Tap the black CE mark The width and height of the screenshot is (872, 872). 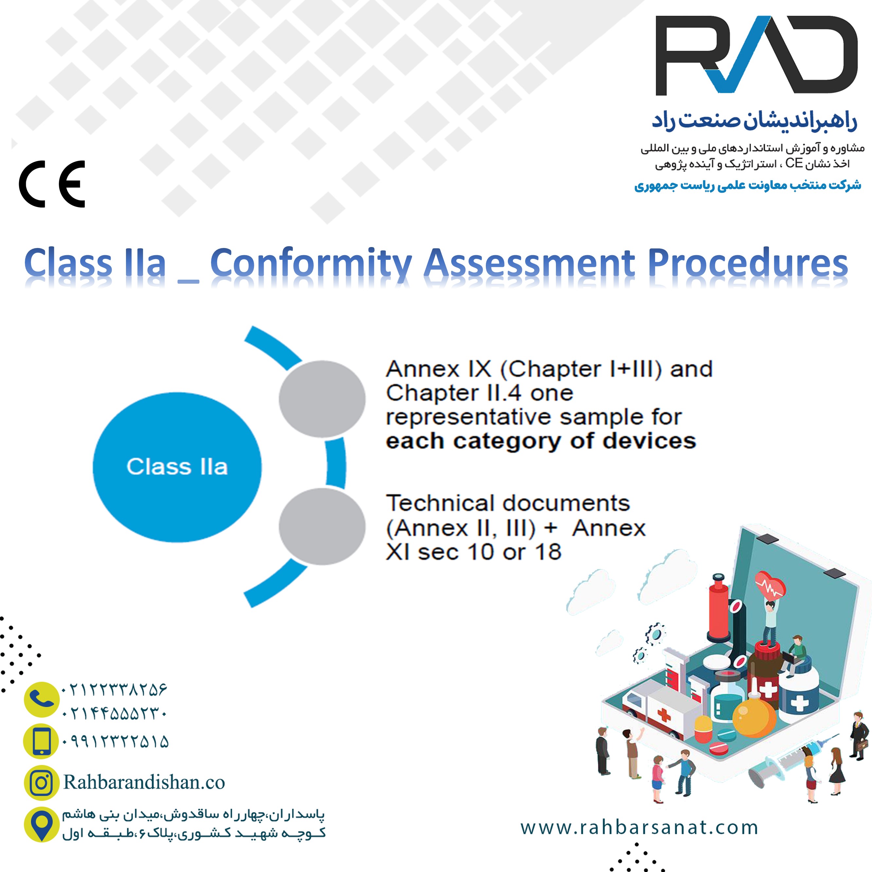tap(52, 184)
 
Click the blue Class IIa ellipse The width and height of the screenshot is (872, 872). tap(177, 467)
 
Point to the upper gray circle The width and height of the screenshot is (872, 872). tap(322, 399)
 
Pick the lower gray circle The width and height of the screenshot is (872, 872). tap(322, 526)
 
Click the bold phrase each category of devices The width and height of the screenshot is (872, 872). tap(541, 441)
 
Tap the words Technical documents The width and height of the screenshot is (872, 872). tap(508, 503)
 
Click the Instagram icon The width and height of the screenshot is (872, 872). tap(42, 782)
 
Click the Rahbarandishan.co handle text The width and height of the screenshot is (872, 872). tap(144, 782)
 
